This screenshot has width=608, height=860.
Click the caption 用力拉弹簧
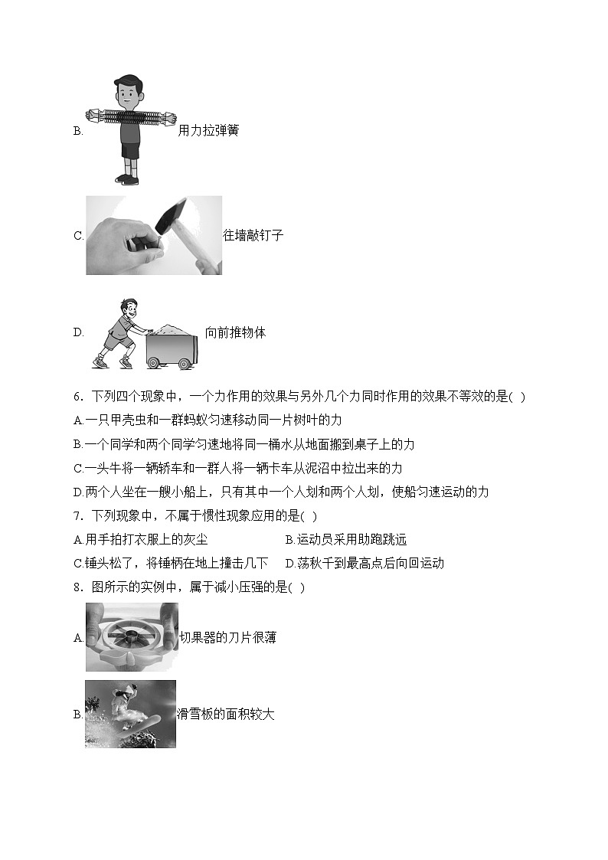pos(208,131)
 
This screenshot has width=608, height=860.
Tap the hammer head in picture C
pos(171,217)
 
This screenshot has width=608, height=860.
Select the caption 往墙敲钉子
pos(253,236)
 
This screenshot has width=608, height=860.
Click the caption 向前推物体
pos(235,333)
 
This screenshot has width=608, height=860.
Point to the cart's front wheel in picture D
pos(184,364)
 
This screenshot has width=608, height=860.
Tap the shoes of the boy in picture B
pos(128,179)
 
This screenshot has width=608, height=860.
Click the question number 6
pos(77,397)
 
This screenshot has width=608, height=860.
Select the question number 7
pos(77,516)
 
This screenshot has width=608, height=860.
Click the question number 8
pos(77,587)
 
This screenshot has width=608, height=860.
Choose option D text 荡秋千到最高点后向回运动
pos(364,564)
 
